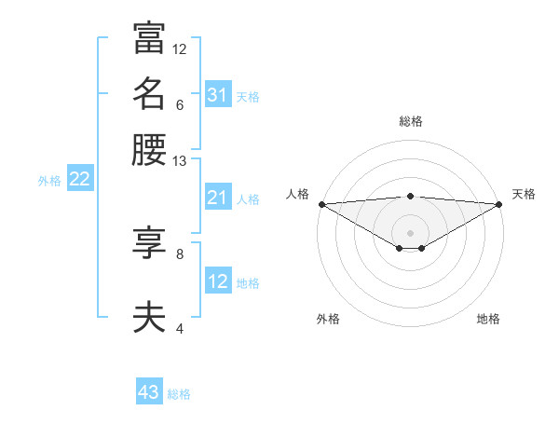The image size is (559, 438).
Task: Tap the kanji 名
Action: click(149, 93)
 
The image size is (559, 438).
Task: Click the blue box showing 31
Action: click(218, 95)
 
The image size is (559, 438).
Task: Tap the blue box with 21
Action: click(218, 198)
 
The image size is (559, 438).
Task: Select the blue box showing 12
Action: click(218, 281)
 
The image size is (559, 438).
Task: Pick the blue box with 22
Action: click(79, 180)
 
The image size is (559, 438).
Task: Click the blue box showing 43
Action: click(149, 392)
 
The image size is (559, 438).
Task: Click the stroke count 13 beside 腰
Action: click(180, 161)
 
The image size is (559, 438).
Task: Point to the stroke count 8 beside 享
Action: click(180, 253)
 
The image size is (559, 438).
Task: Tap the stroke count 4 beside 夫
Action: click(180, 328)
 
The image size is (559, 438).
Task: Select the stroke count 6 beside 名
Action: click(180, 105)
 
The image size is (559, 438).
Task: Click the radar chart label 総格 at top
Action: click(411, 121)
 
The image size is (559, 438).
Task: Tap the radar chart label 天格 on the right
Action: click(525, 194)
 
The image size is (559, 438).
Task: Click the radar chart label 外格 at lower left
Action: click(328, 319)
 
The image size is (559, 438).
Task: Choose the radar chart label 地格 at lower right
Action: click(488, 319)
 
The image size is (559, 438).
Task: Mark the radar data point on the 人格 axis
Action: click(321, 203)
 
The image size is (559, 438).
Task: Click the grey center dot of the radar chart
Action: click(411, 232)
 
